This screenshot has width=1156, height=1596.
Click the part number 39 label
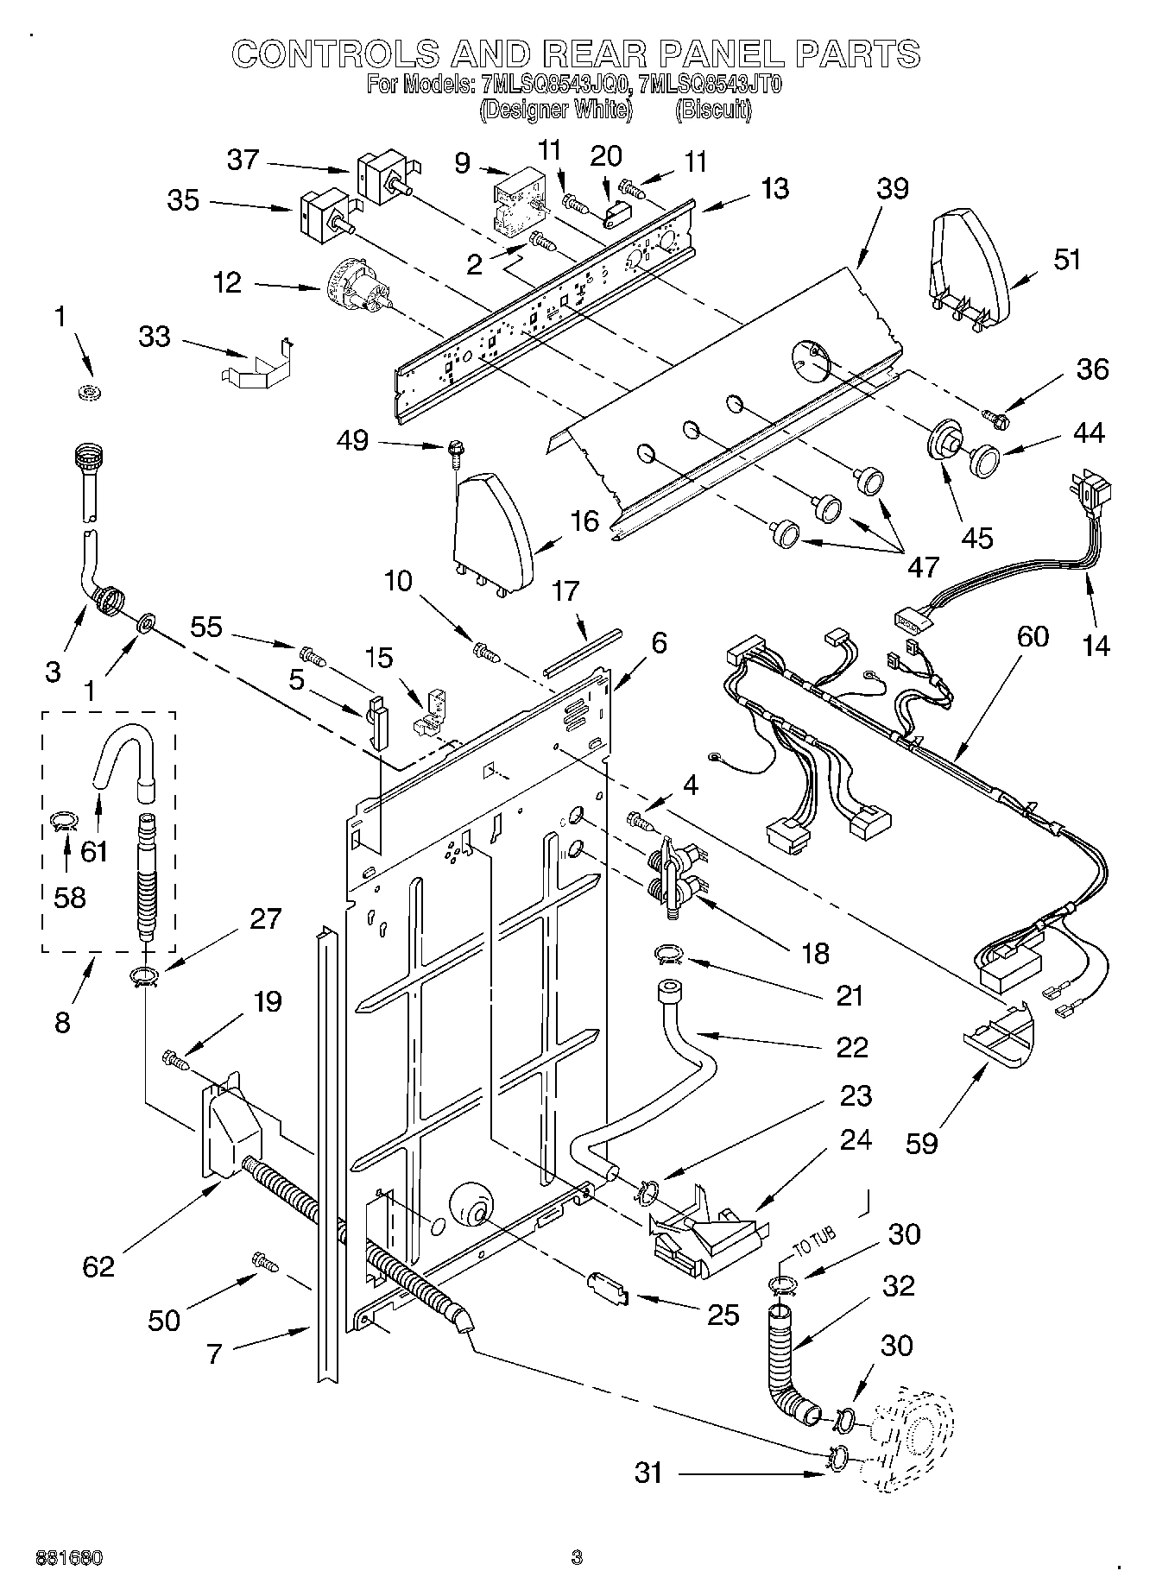click(x=893, y=188)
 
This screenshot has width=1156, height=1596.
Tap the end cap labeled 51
click(x=967, y=264)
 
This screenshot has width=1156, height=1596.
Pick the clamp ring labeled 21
click(x=667, y=954)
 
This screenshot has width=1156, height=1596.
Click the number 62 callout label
click(x=98, y=1266)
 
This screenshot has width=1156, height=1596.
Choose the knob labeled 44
click(x=983, y=458)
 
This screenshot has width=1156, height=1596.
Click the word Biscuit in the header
click(x=713, y=110)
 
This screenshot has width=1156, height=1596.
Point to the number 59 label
click(x=922, y=1144)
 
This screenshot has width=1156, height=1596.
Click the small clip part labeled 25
click(x=607, y=1288)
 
